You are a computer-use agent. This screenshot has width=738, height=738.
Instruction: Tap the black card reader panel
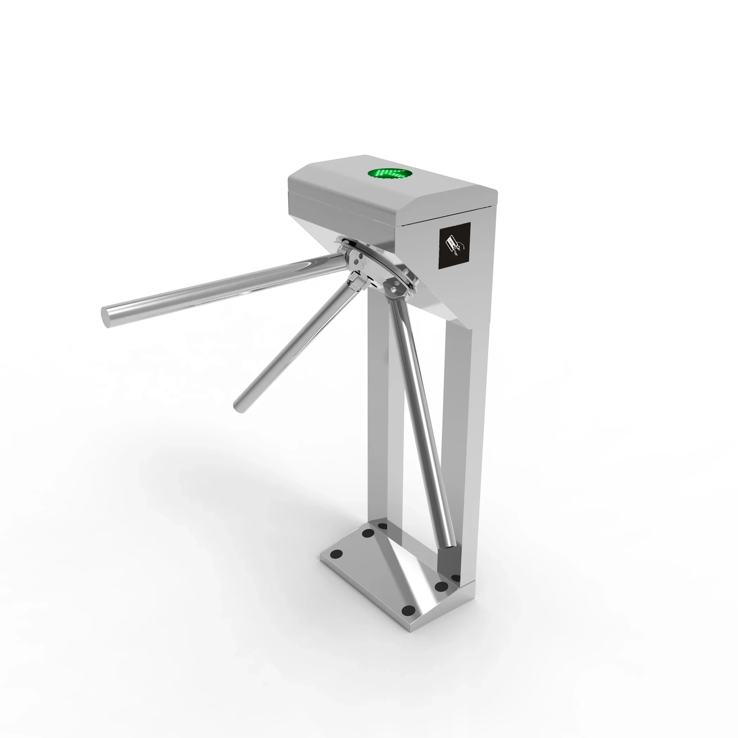(x=454, y=246)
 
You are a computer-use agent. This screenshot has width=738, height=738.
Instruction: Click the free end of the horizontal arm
(x=106, y=317)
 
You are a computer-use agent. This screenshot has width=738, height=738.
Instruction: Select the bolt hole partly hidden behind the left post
(x=382, y=526)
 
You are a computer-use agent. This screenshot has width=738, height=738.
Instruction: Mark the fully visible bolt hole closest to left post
(x=368, y=533)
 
